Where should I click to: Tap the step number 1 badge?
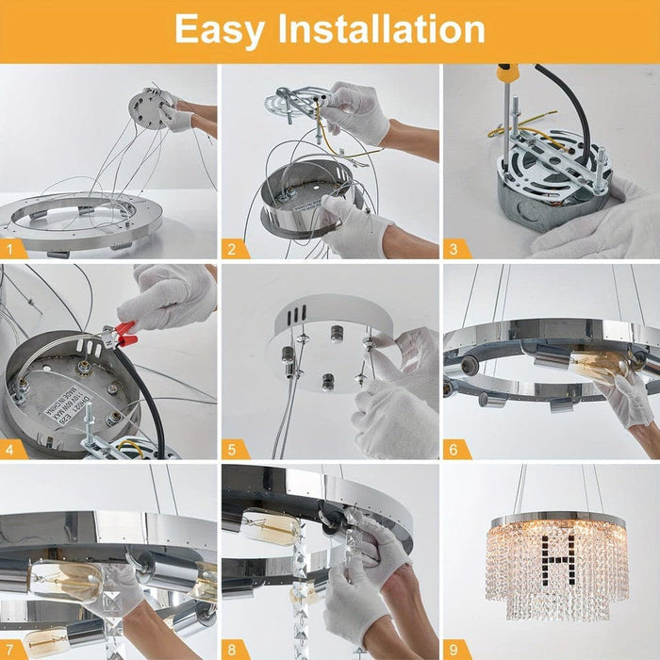click(x=10, y=249)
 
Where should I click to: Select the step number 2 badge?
click(x=231, y=249)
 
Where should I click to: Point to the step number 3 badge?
click(x=454, y=249)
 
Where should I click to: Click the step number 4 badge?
click(x=10, y=450)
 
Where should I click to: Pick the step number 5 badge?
click(x=231, y=450)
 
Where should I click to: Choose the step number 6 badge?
click(x=454, y=450)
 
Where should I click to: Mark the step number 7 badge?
click(x=10, y=650)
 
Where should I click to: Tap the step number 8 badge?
click(x=231, y=650)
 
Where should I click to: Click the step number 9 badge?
click(x=454, y=650)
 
